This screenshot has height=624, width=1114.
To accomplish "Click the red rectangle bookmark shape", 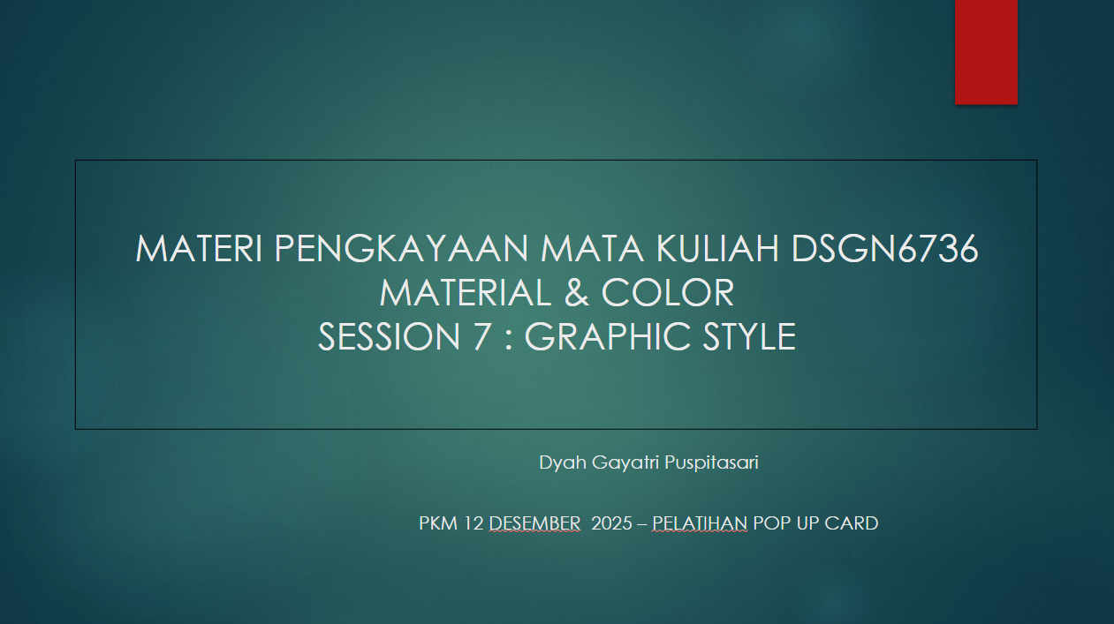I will coord(986,51).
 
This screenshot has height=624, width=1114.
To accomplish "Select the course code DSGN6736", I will coord(884,250).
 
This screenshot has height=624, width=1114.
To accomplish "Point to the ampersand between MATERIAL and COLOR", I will coord(576,293).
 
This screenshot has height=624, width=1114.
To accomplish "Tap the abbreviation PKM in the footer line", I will coord(438,523).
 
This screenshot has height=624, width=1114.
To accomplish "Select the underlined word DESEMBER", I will coord(534,523).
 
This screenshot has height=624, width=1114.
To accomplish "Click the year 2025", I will coord(611,523).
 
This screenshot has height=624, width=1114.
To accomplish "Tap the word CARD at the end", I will coord(851,523).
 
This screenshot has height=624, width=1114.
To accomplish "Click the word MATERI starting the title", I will coord(199,250).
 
